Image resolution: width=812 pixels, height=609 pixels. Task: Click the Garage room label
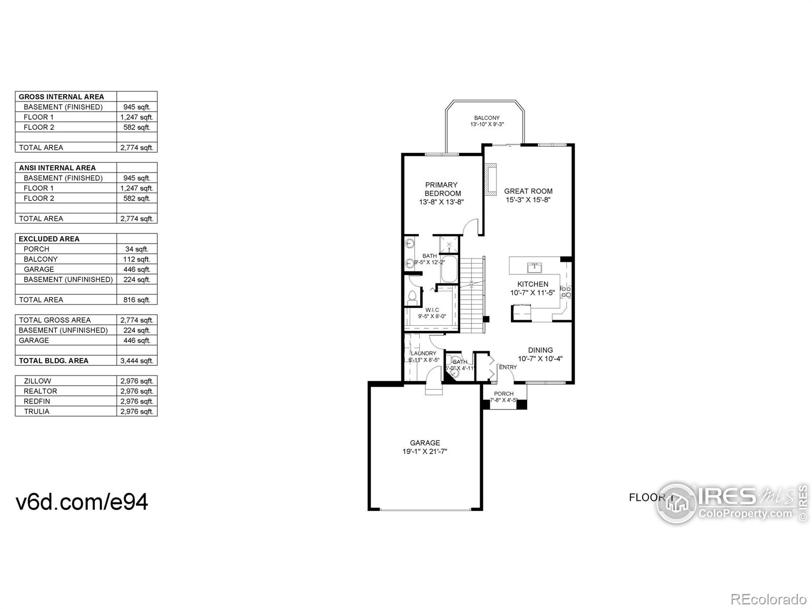click(425, 443)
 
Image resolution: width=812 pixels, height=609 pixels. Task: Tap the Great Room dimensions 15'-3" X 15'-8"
click(528, 200)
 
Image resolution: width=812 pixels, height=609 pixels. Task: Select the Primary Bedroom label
click(442, 189)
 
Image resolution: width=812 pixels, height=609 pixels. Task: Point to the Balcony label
click(487, 118)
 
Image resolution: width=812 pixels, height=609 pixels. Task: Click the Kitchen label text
click(532, 284)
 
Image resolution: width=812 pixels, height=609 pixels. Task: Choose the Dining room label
click(540, 350)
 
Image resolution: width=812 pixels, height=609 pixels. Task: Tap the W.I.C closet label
click(432, 310)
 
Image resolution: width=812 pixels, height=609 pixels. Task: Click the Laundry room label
click(423, 353)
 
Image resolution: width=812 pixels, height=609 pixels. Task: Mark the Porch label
click(503, 394)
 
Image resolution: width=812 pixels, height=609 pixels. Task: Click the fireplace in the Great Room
click(490, 180)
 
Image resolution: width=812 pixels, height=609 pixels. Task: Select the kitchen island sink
click(534, 267)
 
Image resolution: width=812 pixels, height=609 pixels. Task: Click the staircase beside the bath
click(472, 294)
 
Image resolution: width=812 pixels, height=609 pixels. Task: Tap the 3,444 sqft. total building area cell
click(137, 361)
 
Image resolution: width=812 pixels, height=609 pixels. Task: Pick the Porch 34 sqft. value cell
click(137, 249)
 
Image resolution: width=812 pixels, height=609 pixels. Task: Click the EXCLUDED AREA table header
click(49, 239)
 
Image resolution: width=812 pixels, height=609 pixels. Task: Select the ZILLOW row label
click(37, 381)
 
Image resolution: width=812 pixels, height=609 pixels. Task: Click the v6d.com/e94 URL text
click(82, 502)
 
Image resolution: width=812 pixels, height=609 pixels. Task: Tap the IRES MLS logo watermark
click(731, 502)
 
